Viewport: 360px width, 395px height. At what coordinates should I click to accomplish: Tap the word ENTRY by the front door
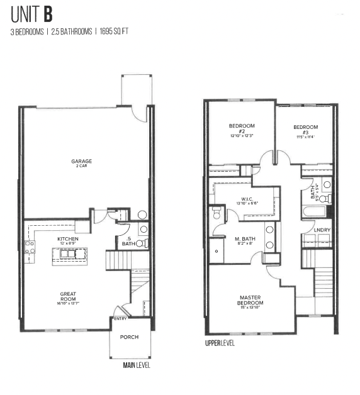coord(120,319)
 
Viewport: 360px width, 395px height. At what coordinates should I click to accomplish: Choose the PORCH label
coord(130,337)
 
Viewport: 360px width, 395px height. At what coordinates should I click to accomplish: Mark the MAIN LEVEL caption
coord(137,365)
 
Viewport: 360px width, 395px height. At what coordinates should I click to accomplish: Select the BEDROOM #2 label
coord(241,130)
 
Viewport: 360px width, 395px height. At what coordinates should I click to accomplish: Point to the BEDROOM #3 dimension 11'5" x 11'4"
coord(305,136)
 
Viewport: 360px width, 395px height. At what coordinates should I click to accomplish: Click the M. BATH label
coord(245,239)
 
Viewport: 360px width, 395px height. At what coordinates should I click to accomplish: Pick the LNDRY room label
coord(322,230)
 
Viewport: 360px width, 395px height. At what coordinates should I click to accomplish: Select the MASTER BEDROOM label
coord(250,301)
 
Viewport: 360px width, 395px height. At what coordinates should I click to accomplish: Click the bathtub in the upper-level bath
coord(315,210)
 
